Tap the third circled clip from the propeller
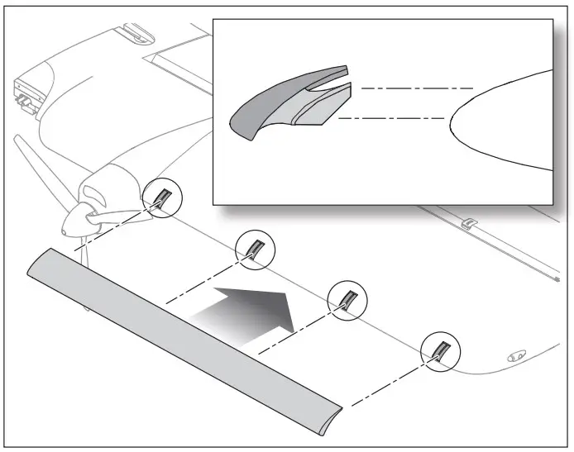pos(347,298)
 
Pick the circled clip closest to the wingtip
pos(439,349)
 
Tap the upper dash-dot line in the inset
pos(418,88)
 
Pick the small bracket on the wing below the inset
pos(468,222)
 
